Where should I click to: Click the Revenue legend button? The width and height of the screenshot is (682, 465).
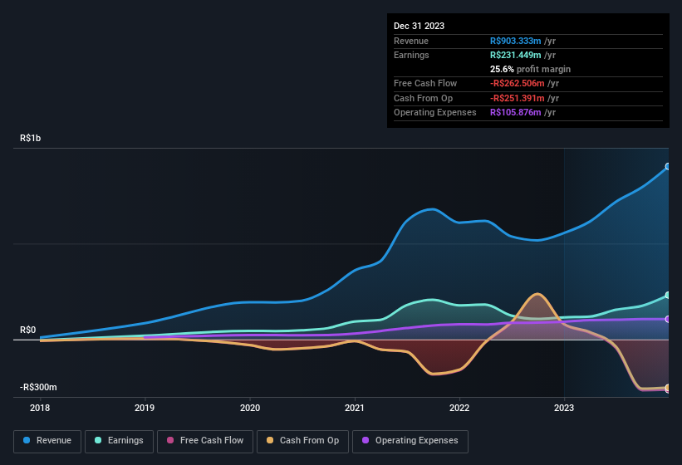[x=47, y=441]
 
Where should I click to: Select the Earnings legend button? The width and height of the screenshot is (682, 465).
[x=119, y=441]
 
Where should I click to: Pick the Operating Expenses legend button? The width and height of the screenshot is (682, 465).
[x=410, y=441]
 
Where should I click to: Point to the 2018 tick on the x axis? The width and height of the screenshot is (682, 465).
[x=40, y=408]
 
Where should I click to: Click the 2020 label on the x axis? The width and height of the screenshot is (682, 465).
[x=250, y=408]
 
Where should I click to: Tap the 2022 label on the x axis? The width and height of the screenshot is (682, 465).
[x=459, y=408]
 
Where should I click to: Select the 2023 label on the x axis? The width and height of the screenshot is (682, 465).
[x=564, y=408]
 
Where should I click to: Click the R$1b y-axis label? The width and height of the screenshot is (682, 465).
[x=30, y=139]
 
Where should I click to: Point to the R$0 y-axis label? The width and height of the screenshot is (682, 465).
[x=27, y=330]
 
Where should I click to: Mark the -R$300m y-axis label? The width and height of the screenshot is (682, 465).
[x=38, y=388]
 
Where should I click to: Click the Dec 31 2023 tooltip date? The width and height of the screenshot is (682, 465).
[x=419, y=26]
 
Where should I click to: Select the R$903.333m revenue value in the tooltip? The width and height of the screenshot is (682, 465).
[x=516, y=41]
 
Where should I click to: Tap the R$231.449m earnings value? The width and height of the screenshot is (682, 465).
[x=516, y=55]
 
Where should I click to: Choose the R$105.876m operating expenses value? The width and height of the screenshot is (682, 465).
[x=516, y=112]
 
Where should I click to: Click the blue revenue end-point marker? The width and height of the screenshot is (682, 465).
[x=668, y=167]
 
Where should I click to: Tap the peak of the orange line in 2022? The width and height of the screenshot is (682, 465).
[x=538, y=294]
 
